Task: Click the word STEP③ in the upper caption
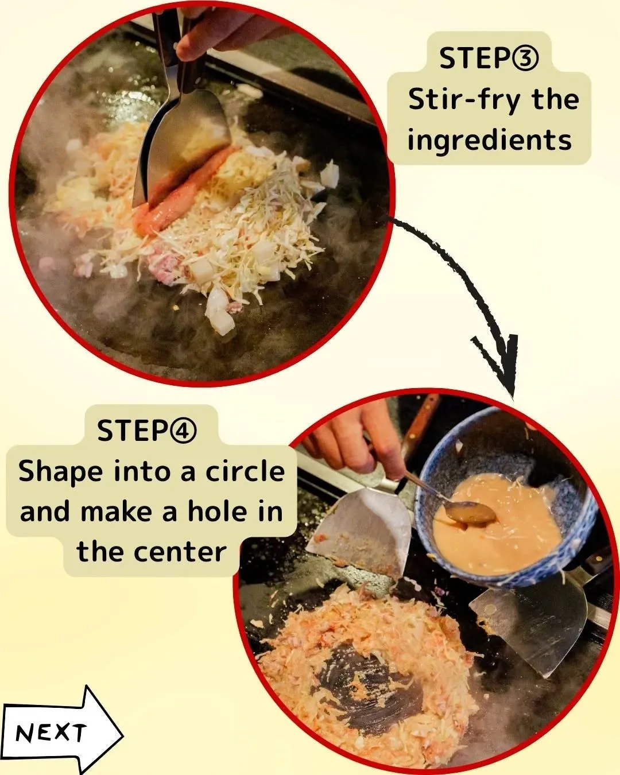click(489, 59)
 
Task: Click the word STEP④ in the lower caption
click(147, 431)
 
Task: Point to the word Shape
click(61, 472)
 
